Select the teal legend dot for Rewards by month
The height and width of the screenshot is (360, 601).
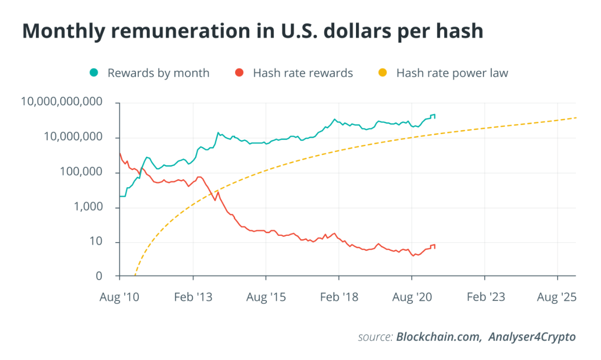pyautogui.click(x=94, y=73)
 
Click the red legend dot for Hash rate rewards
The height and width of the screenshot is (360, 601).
pyautogui.click(x=240, y=73)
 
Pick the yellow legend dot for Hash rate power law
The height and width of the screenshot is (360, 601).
pyautogui.click(x=383, y=73)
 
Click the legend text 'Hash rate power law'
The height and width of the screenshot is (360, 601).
pyautogui.click(x=452, y=73)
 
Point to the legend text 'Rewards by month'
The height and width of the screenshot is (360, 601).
pyautogui.click(x=158, y=73)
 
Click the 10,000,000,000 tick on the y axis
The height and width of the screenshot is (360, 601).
pyautogui.click(x=61, y=102)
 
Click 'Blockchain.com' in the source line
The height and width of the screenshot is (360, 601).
pyautogui.click(x=439, y=337)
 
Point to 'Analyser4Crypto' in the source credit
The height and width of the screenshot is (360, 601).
pyautogui.click(x=532, y=337)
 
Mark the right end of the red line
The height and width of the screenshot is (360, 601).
pyautogui.click(x=434, y=247)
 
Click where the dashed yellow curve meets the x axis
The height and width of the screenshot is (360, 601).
pyautogui.click(x=135, y=275)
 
